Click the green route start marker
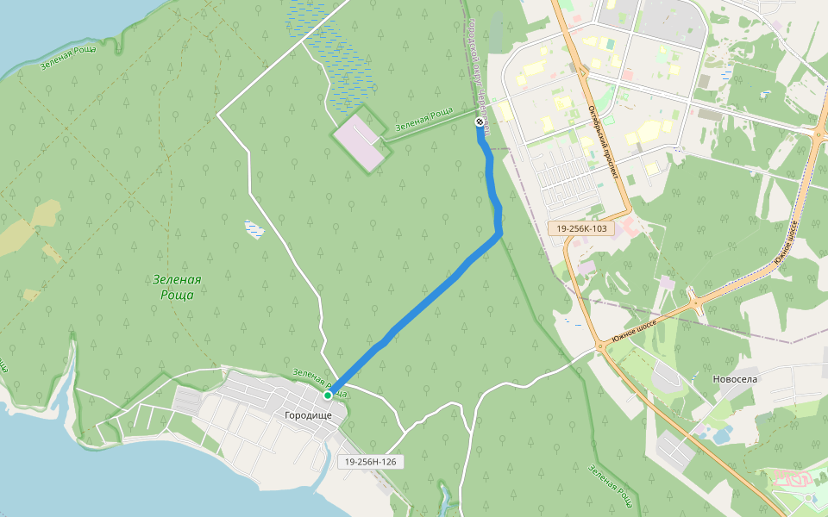328,396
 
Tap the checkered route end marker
480,122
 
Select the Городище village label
307,414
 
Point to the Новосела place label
735,378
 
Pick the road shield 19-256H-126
370,462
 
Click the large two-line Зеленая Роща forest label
176,286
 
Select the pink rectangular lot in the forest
358,140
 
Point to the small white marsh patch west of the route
254,228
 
